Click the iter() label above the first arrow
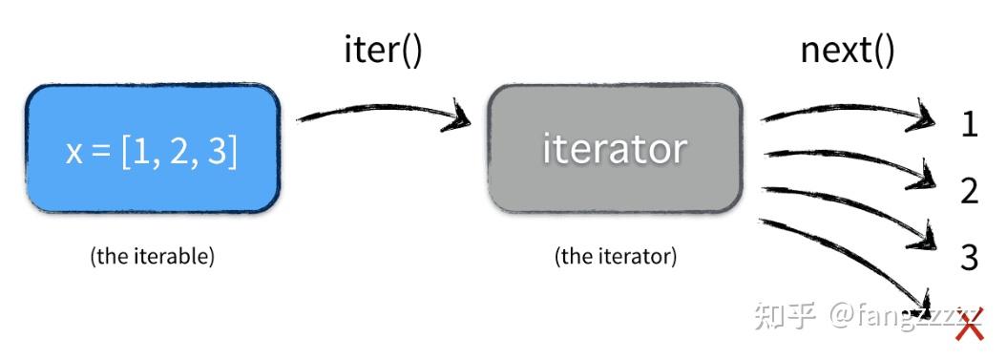(382, 50)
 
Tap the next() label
(847, 50)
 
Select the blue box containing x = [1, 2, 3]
(153, 148)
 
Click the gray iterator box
(615, 148)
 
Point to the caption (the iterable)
(153, 257)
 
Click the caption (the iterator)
(615, 257)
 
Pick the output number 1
(969, 125)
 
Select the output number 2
(969, 191)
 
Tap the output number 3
(969, 257)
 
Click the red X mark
(969, 327)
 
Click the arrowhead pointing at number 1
(921, 118)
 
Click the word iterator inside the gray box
(615, 149)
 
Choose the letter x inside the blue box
(74, 152)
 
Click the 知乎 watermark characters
(784, 314)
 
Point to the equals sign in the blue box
(101, 152)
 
